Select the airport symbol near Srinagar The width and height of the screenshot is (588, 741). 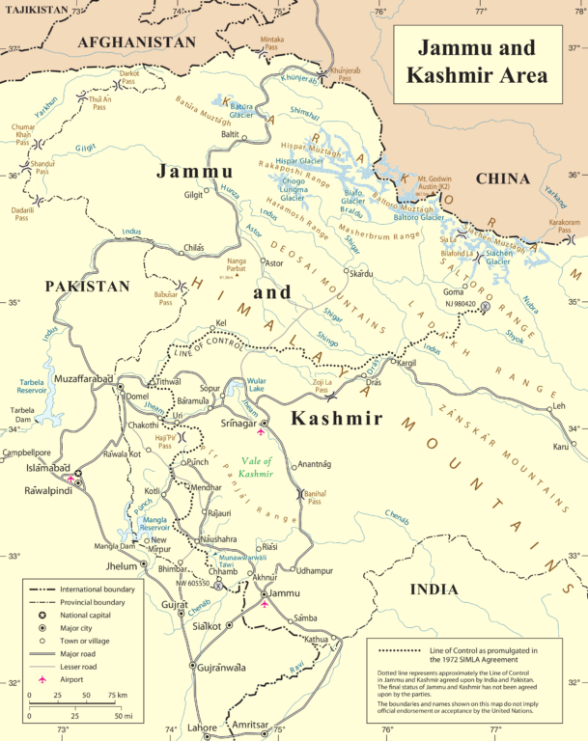[261, 432]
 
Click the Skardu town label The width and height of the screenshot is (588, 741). [361, 274]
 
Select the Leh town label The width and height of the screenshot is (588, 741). [557, 406]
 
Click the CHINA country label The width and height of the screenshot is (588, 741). [502, 178]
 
